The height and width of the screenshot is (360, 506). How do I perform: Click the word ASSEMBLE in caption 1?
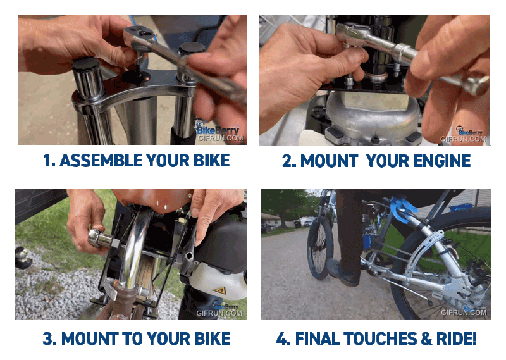pos(101,161)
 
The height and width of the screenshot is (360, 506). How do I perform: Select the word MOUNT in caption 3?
pos(90,338)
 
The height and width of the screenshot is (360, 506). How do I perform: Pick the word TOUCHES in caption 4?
pos(380,338)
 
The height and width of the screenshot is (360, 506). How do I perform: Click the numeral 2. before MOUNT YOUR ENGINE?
pos(289,161)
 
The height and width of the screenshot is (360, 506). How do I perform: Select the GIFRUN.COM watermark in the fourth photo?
pos(464,312)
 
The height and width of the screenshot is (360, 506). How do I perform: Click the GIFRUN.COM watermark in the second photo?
pos(463,139)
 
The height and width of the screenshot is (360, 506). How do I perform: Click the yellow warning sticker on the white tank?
pos(220,290)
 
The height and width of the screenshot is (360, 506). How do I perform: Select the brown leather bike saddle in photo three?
pos(152,200)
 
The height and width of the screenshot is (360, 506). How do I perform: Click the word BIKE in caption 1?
pos(212,161)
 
